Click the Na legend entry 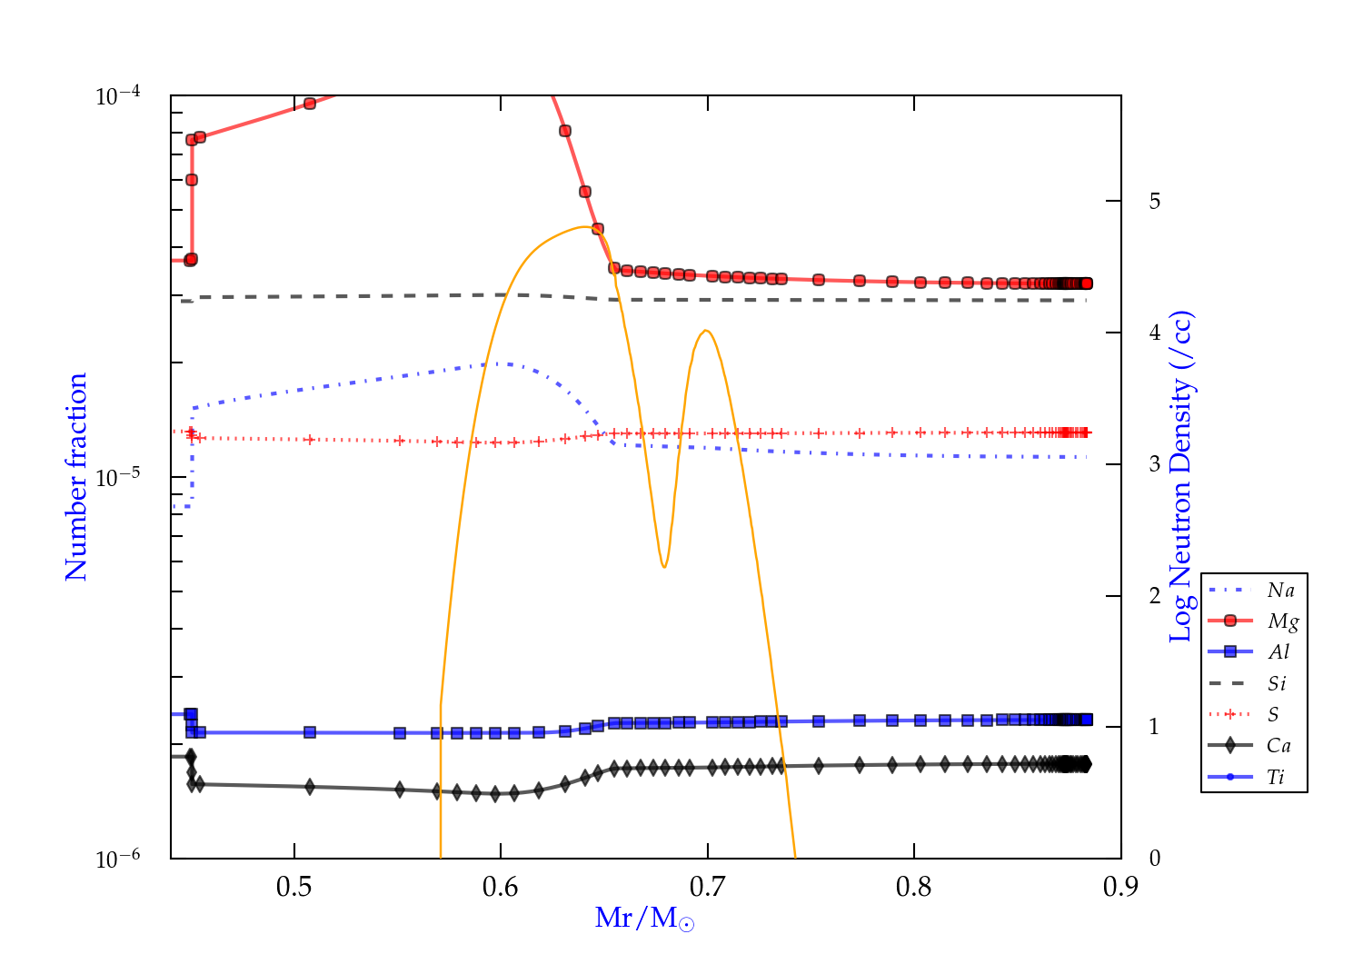click(1280, 591)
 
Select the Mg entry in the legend click(1282, 621)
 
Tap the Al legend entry click(1279, 652)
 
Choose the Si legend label click(1278, 683)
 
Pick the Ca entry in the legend click(1278, 746)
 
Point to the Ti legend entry click(1276, 777)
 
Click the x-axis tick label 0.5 click(294, 887)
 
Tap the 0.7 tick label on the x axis click(707, 887)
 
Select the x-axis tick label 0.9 click(1120, 887)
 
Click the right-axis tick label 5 click(1155, 201)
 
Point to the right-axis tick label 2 click(1155, 596)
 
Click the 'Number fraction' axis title click(76, 477)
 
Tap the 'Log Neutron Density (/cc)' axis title click(1180, 477)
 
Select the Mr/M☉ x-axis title click(644, 919)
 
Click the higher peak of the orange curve click(583, 227)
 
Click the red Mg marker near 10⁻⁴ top click(310, 104)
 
